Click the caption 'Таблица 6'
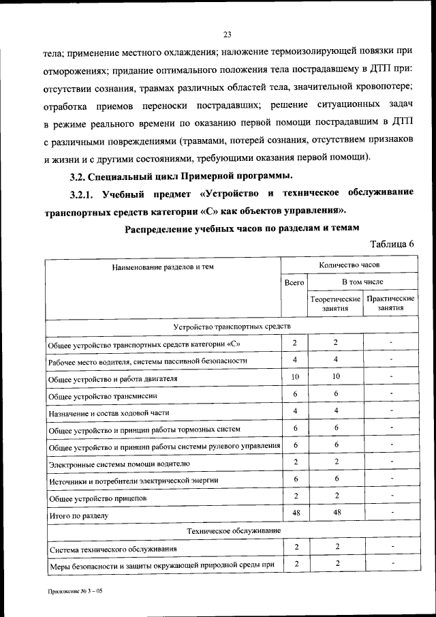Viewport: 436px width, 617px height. tap(392, 244)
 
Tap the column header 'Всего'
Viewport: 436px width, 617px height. tap(294, 282)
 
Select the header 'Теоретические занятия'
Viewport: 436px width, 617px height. tap(335, 303)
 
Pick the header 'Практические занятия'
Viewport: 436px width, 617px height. tap(390, 303)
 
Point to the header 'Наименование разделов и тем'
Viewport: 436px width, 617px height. tap(163, 267)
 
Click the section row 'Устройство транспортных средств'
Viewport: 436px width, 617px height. tap(232, 328)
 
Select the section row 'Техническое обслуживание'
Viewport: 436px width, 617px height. tap(232, 530)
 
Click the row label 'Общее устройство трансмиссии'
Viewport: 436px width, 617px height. tap(104, 395)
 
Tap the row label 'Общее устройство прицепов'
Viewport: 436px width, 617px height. tap(98, 499)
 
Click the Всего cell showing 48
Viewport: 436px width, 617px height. tap(295, 513)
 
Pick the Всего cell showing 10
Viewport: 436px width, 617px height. tap(295, 376)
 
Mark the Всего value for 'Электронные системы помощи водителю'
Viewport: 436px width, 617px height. tap(295, 462)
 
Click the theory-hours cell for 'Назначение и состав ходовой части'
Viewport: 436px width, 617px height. tap(336, 410)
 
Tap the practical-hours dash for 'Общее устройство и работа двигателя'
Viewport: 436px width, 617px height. tap(391, 376)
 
